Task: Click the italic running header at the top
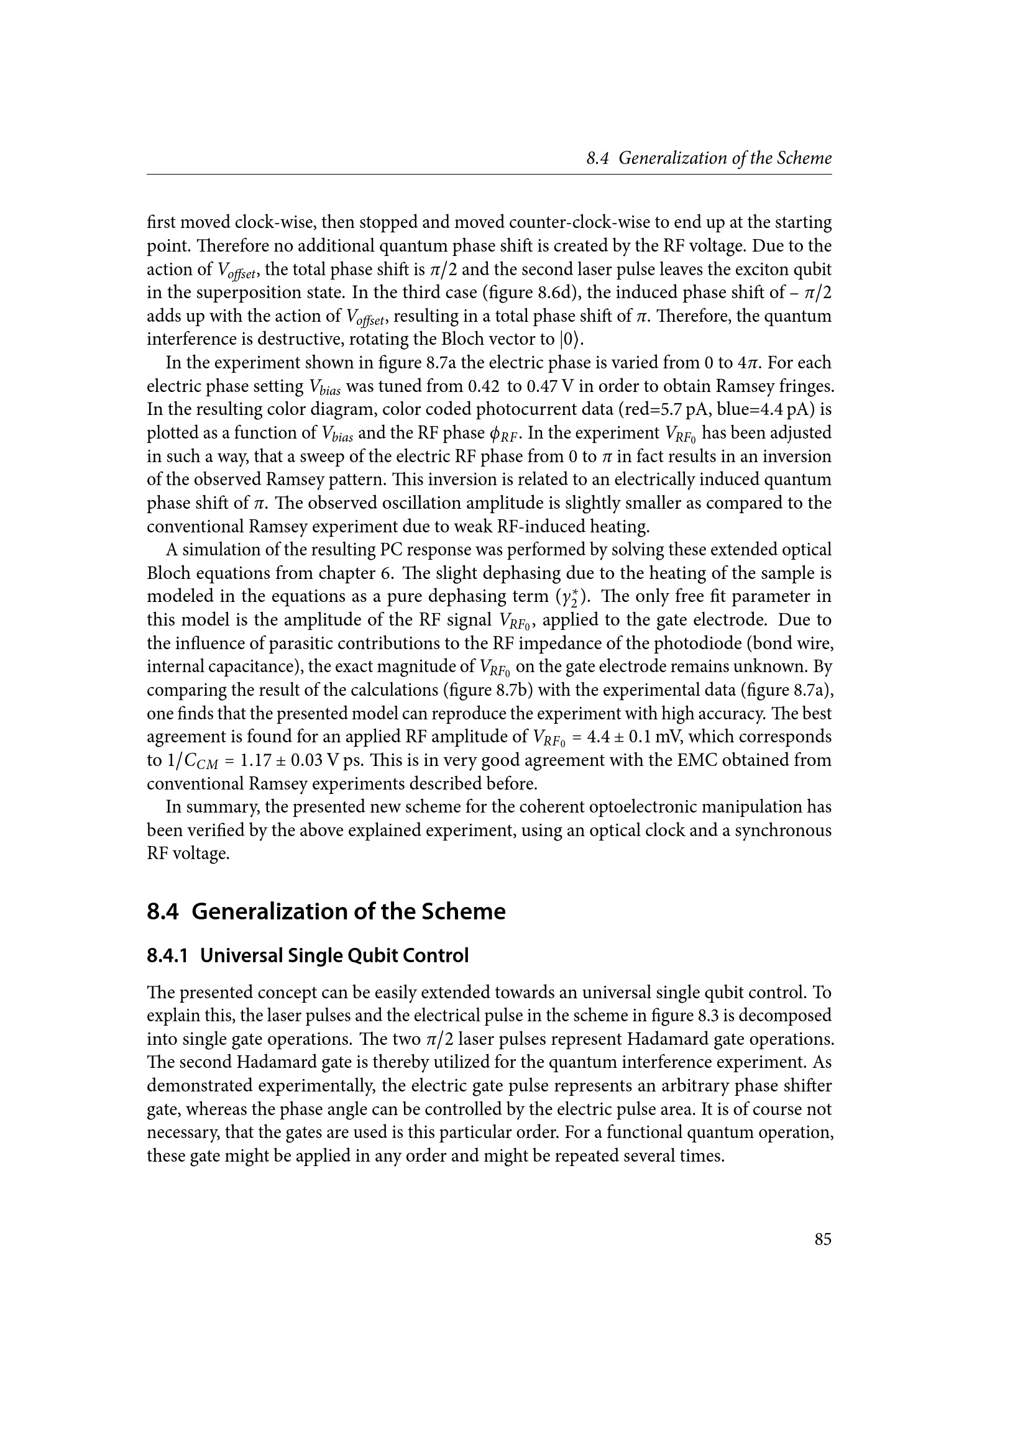click(709, 158)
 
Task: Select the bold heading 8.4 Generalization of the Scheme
click(326, 911)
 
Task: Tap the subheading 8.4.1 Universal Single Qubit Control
click(308, 955)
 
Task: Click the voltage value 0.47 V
click(548, 386)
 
